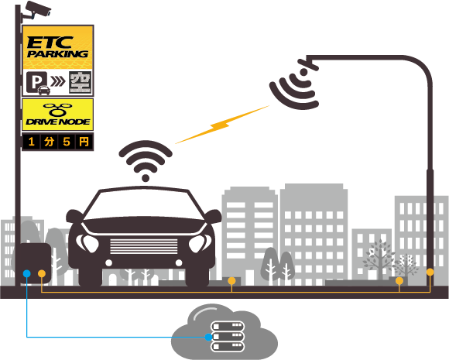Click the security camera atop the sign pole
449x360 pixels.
tap(36, 10)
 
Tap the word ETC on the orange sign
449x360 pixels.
tap(50, 43)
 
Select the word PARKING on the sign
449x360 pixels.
tap(57, 54)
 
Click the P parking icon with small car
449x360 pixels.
tap(37, 83)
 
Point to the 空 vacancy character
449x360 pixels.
tap(81, 82)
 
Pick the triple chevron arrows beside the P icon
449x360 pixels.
tap(58, 81)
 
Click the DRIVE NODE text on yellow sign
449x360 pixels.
tap(58, 122)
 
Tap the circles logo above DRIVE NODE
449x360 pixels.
tap(57, 109)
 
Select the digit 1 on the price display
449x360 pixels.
tap(32, 142)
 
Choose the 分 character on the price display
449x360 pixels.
tap(49, 142)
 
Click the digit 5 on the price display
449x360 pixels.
tap(67, 142)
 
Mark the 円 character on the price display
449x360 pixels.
tap(84, 142)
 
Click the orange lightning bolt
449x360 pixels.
tap(222, 125)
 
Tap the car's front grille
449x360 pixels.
tap(144, 246)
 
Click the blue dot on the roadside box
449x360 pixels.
tap(26, 273)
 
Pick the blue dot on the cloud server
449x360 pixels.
tap(208, 337)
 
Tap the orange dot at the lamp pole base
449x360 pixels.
tap(430, 272)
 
